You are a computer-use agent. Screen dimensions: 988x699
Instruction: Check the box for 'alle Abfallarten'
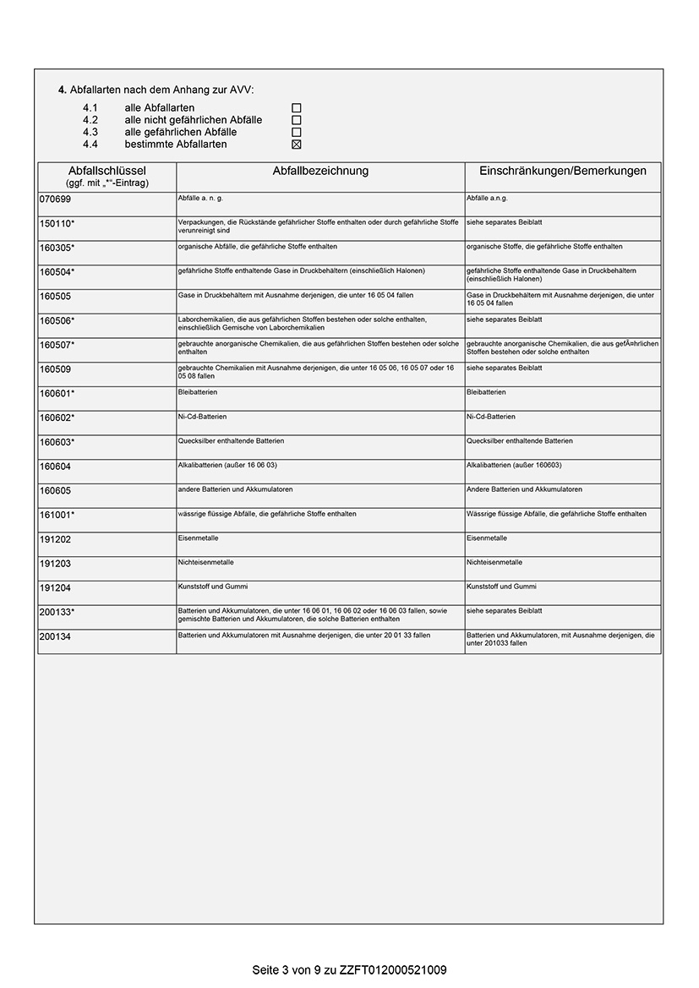[x=297, y=108]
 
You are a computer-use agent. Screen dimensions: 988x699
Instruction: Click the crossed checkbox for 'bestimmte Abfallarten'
[x=297, y=145]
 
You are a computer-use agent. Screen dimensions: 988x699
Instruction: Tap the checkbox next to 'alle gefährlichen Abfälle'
[x=297, y=133]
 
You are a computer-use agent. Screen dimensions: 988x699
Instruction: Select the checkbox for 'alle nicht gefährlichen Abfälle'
[x=297, y=120]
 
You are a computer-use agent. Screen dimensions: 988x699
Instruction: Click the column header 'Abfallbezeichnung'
[x=320, y=171]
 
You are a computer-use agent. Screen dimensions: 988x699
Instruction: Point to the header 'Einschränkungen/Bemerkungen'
[x=563, y=171]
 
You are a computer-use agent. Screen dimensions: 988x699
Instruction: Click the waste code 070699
[x=55, y=199]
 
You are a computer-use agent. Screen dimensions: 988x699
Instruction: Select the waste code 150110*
[x=57, y=224]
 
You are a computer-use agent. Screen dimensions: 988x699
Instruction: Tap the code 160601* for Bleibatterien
[x=57, y=394]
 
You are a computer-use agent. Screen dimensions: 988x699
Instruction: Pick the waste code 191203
[x=55, y=564]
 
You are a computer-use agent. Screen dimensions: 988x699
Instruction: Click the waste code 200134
[x=55, y=636]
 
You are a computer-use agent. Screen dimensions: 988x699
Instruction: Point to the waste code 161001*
[x=57, y=515]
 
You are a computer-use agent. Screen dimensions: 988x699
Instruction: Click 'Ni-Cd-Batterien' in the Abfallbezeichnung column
[x=203, y=417]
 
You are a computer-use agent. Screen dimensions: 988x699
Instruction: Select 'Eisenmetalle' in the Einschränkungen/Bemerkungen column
[x=487, y=538]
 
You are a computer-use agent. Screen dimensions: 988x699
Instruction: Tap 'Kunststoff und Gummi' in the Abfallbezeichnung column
[x=213, y=586]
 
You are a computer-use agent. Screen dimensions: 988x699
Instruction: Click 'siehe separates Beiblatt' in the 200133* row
[x=505, y=610]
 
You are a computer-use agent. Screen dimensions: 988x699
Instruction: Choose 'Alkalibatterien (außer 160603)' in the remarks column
[x=514, y=465]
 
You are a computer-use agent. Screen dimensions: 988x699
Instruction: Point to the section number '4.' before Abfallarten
[x=63, y=90]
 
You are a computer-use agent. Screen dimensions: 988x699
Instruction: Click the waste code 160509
[x=55, y=369]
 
